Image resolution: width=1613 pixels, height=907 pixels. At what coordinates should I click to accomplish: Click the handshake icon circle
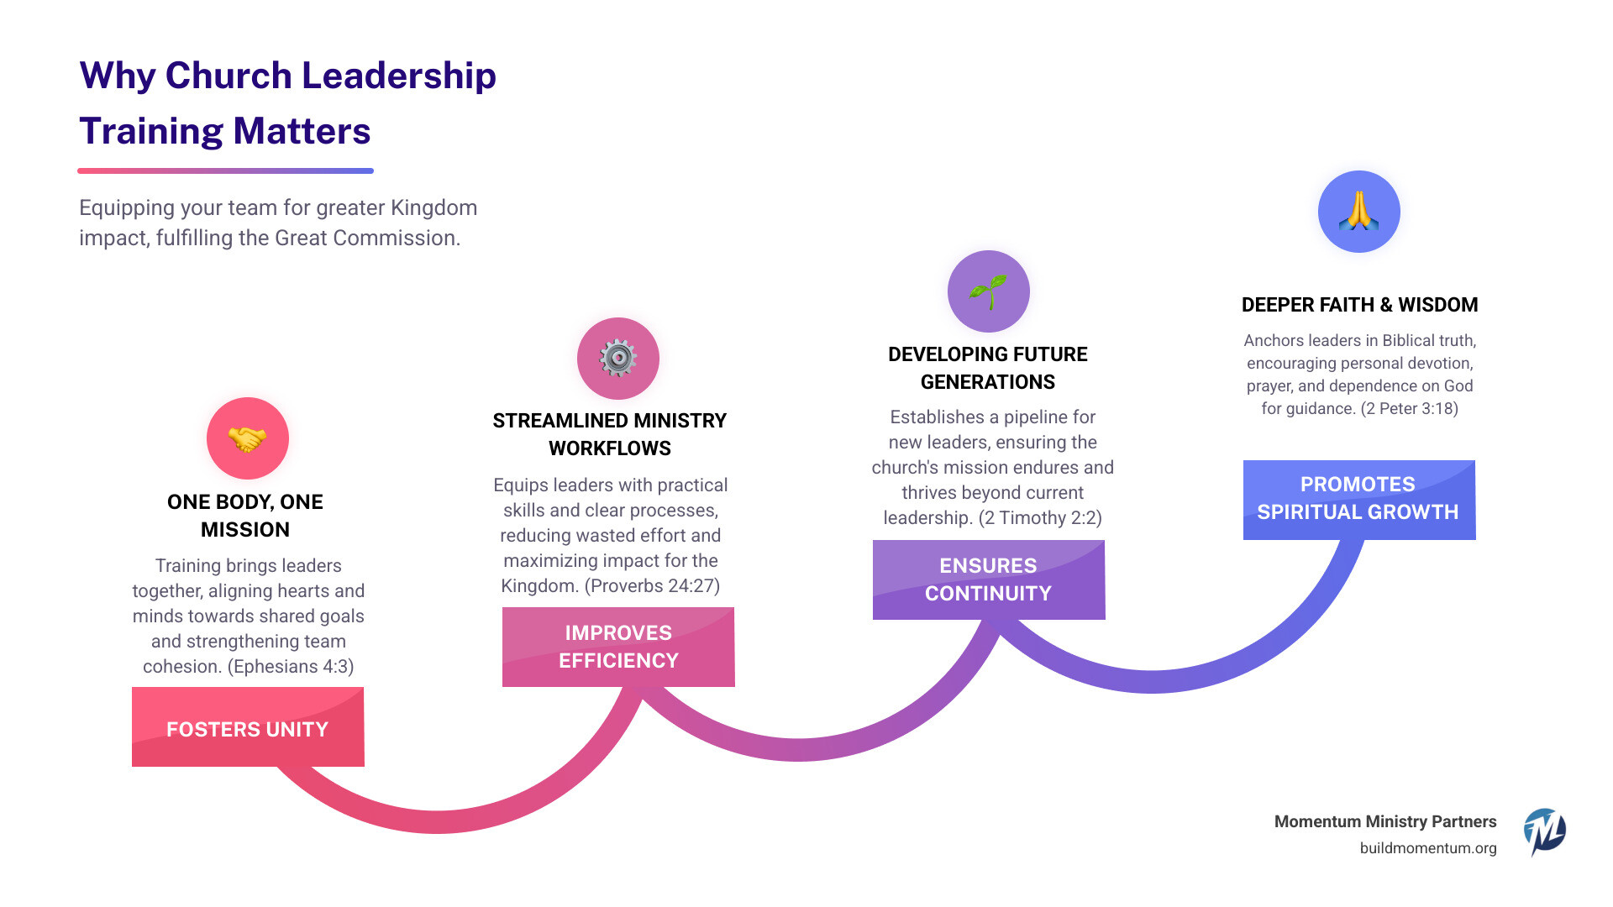click(248, 438)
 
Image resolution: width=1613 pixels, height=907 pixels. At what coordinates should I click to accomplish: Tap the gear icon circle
click(618, 359)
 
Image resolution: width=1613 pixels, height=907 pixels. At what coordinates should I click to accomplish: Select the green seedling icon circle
click(989, 291)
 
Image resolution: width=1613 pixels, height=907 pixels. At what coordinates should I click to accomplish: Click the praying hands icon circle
click(1358, 212)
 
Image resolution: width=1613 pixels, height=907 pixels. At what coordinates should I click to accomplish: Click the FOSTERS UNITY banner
click(248, 727)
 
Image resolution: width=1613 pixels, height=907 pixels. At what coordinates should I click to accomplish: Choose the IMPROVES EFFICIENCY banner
click(618, 647)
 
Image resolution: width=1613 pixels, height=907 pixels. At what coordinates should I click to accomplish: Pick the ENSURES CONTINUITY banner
click(989, 579)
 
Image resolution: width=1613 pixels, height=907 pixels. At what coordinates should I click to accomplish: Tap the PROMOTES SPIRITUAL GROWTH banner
click(1358, 499)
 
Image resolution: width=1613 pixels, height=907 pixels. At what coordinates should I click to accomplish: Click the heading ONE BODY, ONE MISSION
click(245, 516)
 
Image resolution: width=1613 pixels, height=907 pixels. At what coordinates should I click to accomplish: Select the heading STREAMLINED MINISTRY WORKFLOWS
click(610, 434)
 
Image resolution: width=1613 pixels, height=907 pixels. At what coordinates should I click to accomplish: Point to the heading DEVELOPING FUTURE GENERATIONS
click(988, 368)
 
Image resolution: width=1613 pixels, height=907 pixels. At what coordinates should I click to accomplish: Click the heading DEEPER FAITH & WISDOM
click(1359, 305)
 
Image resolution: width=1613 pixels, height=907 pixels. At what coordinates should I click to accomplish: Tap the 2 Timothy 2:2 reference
click(1040, 518)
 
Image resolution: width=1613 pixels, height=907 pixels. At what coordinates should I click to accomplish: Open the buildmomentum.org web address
click(1428, 848)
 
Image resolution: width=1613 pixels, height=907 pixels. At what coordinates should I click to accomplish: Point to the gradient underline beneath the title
click(225, 170)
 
